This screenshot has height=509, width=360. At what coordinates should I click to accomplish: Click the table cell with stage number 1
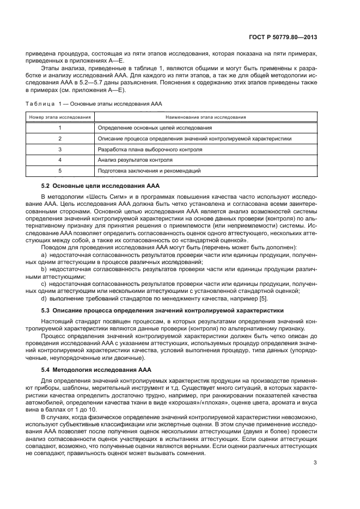coord(59,127)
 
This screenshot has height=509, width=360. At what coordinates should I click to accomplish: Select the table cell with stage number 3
coord(59,149)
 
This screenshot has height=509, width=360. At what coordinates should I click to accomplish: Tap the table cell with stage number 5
coord(59,171)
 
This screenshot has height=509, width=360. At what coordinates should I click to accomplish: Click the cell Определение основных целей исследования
coord(155,127)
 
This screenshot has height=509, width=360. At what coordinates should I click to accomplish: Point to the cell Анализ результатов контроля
coord(135,160)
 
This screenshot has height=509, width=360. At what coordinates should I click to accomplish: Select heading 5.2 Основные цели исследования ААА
coord(100,186)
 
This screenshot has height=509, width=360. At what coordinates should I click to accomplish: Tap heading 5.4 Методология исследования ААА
coord(100,370)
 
